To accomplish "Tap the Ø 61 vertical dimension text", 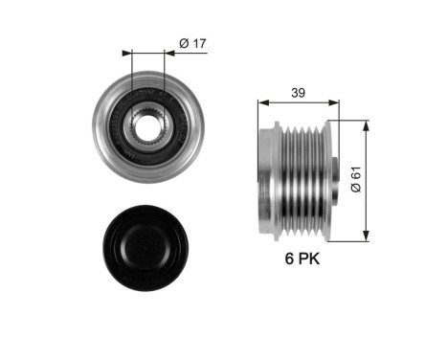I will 355,179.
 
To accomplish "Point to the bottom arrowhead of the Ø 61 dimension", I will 367,236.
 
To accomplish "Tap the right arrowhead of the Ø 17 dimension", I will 165,52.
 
